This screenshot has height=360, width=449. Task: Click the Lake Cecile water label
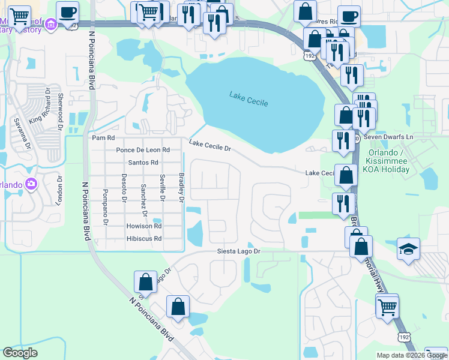click(249, 98)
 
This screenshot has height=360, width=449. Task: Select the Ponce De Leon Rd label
click(143, 150)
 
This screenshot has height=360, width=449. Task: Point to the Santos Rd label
click(143, 163)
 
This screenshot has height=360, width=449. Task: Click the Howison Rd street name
click(144, 226)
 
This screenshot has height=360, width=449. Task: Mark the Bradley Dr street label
click(181, 187)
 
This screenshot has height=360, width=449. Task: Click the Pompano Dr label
click(105, 207)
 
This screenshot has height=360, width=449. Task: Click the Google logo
click(20, 353)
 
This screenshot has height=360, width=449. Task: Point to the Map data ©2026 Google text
click(411, 355)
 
